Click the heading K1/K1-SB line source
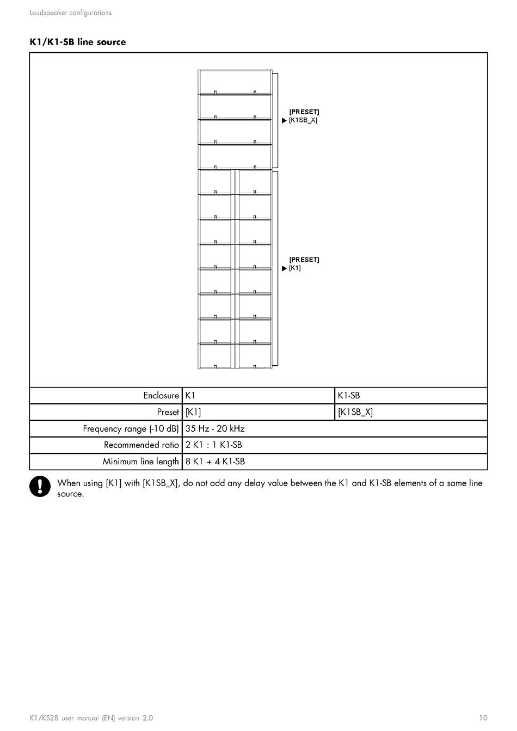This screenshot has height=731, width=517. tap(78, 42)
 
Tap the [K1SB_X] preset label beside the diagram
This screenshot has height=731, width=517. tap(303, 120)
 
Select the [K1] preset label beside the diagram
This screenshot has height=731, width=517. tap(295, 268)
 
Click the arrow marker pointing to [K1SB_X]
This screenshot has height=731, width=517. tap(284, 121)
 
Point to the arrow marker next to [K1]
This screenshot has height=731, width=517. tap(284, 269)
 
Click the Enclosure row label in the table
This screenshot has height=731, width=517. tap(161, 396)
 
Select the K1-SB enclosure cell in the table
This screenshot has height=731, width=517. tap(349, 396)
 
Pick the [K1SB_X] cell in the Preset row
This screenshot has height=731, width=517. tap(355, 412)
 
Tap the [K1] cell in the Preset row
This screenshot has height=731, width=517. tap(193, 412)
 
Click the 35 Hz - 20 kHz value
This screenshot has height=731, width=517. tap(215, 429)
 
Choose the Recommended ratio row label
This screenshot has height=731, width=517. tap(141, 445)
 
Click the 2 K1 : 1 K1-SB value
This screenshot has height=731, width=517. tap(214, 445)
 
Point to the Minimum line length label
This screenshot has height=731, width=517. tap(141, 462)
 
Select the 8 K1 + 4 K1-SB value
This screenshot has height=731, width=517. tap(215, 462)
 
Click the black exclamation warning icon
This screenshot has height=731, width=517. tap(40, 486)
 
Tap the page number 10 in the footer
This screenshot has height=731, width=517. tap(483, 718)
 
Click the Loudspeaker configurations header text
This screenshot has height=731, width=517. tap(71, 13)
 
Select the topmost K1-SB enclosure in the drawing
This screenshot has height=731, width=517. tap(235, 82)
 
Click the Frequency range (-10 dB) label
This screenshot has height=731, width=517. tap(131, 429)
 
